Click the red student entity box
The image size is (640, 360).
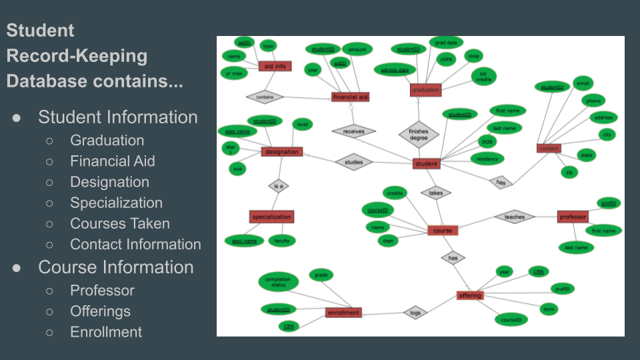(427, 163)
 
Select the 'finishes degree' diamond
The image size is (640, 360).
(418, 135)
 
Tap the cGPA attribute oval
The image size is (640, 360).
(445, 59)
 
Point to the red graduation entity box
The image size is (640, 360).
(426, 90)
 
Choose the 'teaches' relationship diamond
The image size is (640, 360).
(514, 217)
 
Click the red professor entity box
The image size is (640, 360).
(572, 217)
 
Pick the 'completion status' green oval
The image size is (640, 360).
(278, 281)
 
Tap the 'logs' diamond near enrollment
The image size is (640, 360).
(415, 312)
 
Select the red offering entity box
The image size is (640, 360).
(470, 295)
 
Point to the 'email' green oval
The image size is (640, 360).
(583, 83)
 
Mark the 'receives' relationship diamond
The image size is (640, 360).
(353, 131)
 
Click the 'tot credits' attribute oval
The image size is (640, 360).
(483, 76)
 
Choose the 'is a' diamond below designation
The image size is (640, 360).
(278, 186)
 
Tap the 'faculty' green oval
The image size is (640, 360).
(282, 241)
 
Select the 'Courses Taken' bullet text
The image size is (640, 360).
(120, 224)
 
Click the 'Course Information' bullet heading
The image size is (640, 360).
(116, 267)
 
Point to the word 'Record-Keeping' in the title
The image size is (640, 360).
(77, 55)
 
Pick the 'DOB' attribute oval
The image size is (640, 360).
(487, 141)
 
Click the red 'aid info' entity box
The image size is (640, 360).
(275, 66)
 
